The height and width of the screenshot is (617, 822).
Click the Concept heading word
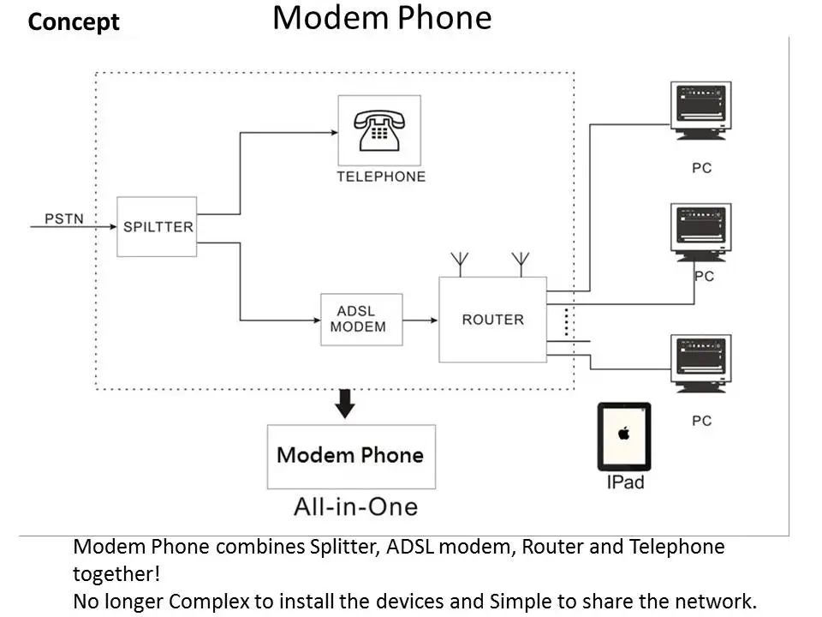[x=74, y=21]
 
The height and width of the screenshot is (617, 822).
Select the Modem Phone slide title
[x=382, y=18]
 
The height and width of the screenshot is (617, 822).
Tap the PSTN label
[x=64, y=219]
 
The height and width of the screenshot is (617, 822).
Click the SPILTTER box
[x=158, y=227]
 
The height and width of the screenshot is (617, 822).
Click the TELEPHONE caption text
[x=380, y=177]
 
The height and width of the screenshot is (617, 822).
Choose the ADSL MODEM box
[x=361, y=319]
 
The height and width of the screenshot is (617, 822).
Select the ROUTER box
[x=492, y=320]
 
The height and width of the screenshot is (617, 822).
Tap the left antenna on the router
[x=461, y=263]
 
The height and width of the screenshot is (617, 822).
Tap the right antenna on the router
[x=520, y=263]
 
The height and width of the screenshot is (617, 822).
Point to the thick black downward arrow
[x=344, y=404]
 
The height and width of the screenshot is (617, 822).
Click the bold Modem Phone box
[x=351, y=456]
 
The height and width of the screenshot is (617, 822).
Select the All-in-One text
[x=355, y=506]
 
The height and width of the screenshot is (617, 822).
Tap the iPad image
[x=624, y=436]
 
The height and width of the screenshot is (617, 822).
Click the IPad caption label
[x=625, y=482]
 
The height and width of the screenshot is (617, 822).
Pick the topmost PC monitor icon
[x=701, y=110]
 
